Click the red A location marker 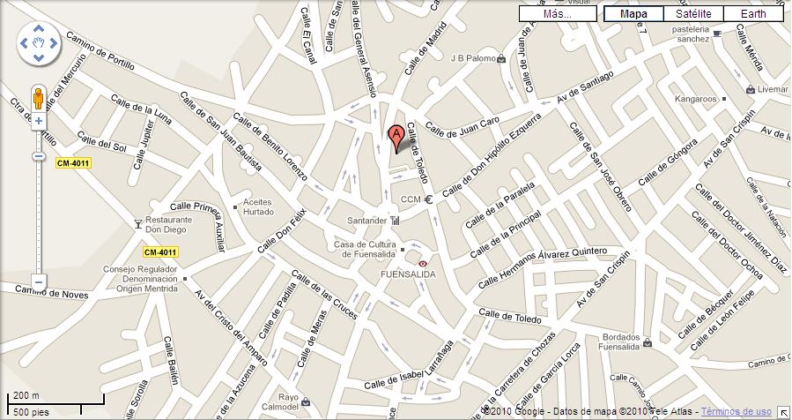pos(396,137)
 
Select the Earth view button pos(753,14)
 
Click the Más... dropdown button pos(557,14)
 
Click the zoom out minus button pos(38,283)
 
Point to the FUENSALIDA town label pos(407,274)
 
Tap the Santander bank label pos(367,220)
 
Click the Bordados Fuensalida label pos(631,341)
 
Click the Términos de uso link pos(736,412)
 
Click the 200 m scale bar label pos(26,396)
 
